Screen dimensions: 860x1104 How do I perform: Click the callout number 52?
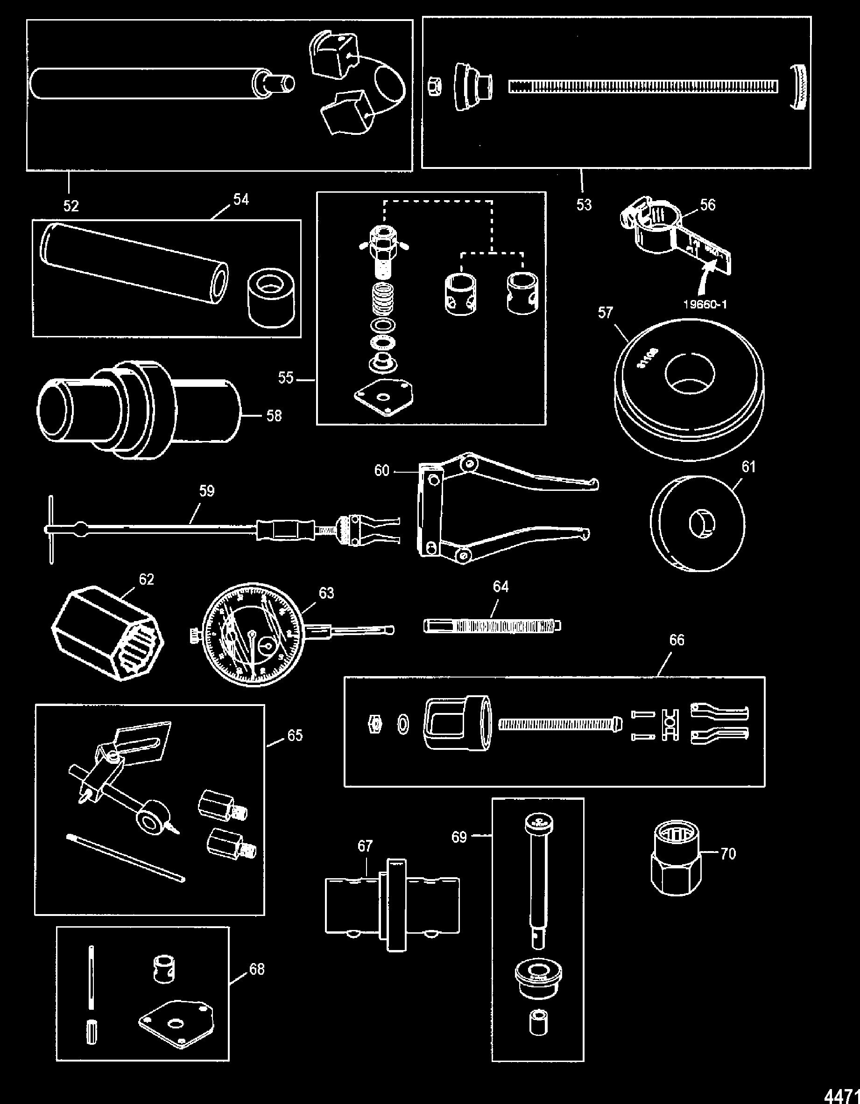(71, 206)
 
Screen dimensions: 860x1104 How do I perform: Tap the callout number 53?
(584, 205)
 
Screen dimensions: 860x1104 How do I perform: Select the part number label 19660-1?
(705, 304)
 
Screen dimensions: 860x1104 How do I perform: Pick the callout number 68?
(257, 969)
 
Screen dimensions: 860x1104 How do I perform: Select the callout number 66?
(677, 640)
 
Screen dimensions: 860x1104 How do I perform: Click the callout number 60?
(381, 471)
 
